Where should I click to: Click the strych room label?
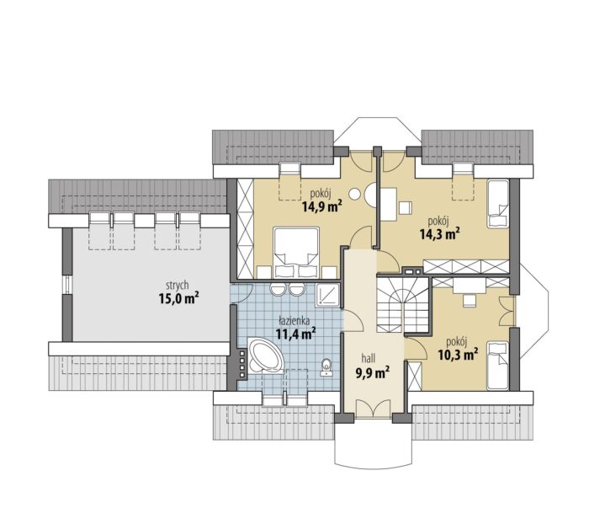[178, 286]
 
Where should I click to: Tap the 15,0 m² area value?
[178, 298]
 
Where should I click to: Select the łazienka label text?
[294, 321]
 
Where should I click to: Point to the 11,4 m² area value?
[295, 334]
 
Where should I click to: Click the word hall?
[369, 357]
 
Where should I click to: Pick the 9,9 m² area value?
[372, 372]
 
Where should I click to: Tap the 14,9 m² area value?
[322, 206]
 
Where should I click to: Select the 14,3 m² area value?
[440, 234]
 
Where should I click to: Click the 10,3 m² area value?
[459, 354]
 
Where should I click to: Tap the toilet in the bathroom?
[326, 367]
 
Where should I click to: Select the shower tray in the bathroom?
[328, 295]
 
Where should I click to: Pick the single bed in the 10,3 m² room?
[498, 366]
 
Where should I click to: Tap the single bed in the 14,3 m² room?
[498, 204]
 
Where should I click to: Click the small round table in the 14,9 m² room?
[354, 194]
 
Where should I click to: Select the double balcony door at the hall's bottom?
[373, 408]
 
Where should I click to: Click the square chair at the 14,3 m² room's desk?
[406, 207]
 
